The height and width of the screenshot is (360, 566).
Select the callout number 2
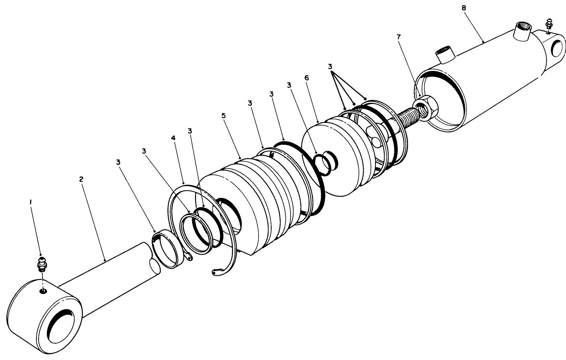click(81, 179)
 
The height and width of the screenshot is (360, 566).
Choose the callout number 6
click(307, 78)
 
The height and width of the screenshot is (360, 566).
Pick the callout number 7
click(399, 37)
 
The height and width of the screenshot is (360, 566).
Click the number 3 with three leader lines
click(330, 67)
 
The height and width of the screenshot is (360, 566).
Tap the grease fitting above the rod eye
click(41, 264)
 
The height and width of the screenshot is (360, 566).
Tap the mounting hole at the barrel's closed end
click(558, 48)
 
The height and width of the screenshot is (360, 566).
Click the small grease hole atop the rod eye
click(43, 291)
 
